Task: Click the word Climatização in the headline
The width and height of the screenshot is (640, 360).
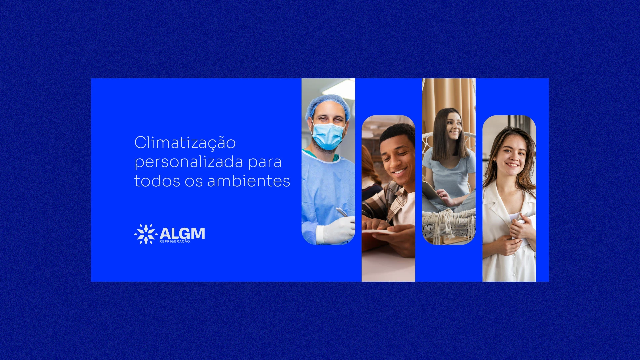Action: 185,143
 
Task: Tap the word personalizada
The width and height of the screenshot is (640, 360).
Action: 189,162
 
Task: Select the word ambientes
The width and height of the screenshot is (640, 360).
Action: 249,181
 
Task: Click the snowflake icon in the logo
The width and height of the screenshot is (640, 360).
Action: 146,234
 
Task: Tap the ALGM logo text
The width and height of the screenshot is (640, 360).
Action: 182,233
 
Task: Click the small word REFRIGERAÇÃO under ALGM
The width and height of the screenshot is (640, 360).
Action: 175,241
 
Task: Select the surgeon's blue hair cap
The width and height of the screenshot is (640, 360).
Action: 328,106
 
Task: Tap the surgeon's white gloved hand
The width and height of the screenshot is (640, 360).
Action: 335,230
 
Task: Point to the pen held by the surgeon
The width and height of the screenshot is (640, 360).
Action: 342,212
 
